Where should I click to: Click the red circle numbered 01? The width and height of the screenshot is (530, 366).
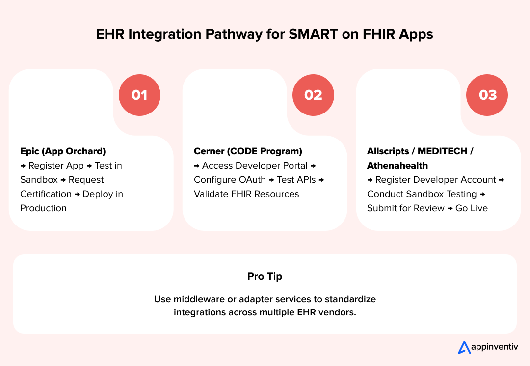click(x=139, y=95)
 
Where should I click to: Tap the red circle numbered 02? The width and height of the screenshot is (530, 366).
click(x=313, y=95)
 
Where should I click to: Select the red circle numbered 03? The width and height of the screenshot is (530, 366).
click(x=487, y=95)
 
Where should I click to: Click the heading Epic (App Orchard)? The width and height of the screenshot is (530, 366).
click(x=63, y=151)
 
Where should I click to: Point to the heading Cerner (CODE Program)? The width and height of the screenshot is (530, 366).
click(x=248, y=151)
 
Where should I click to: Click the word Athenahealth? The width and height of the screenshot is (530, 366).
click(x=397, y=166)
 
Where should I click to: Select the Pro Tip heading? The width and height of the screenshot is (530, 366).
click(x=265, y=276)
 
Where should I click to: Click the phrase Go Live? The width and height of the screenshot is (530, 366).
click(x=472, y=208)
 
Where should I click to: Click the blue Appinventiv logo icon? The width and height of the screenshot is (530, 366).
click(x=464, y=347)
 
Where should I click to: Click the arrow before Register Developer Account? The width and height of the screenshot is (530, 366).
click(x=370, y=180)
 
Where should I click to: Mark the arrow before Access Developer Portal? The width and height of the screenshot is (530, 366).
click(x=197, y=166)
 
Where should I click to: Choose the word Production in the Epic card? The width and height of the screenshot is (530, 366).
click(x=43, y=208)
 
